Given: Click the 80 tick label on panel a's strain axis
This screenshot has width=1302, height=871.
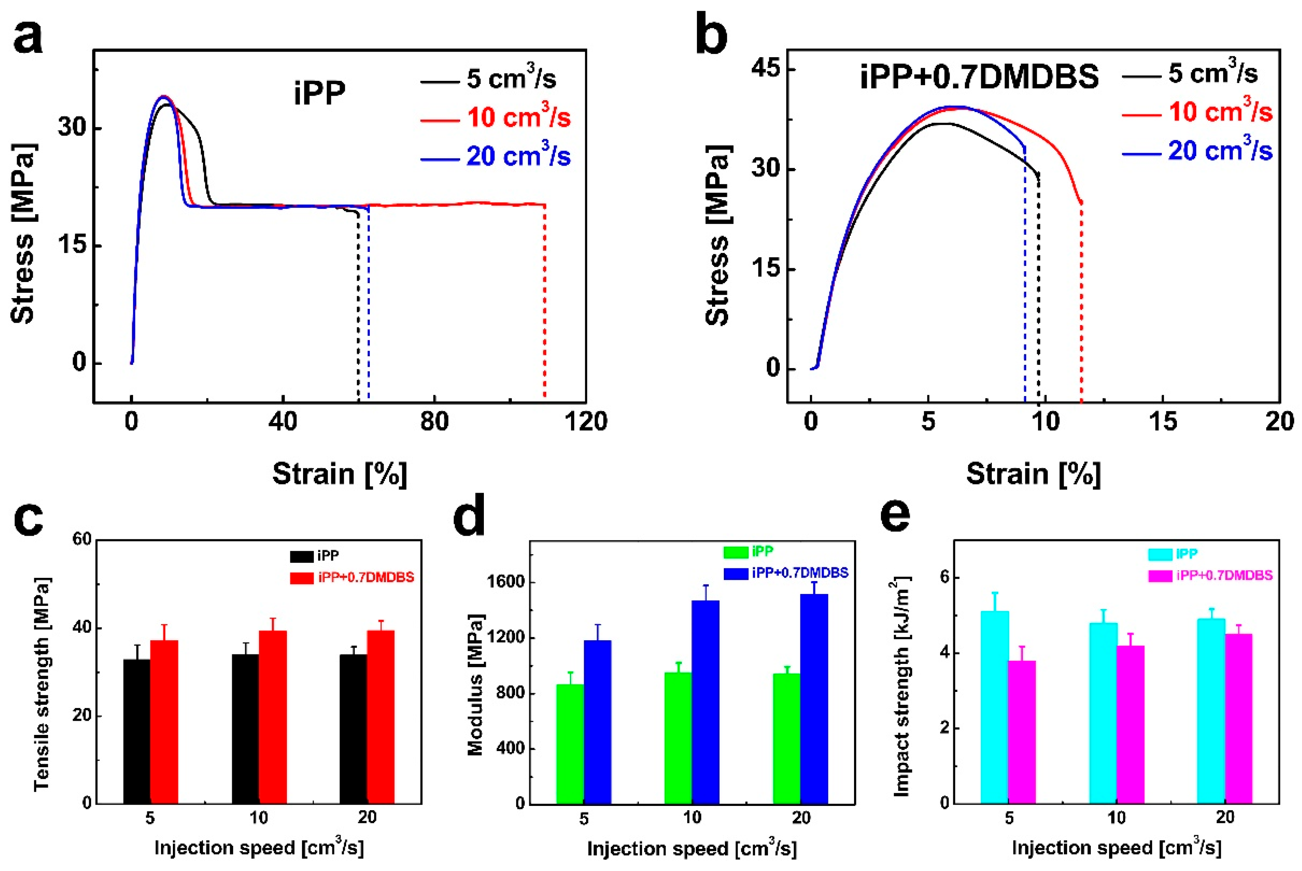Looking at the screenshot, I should pyautogui.click(x=434, y=422).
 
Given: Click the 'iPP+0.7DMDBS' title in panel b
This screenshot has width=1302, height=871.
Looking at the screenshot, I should pyautogui.click(x=979, y=77).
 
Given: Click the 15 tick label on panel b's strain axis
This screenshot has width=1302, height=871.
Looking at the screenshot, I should pyautogui.click(x=1162, y=422).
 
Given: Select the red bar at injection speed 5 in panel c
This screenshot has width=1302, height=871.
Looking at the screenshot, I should pyautogui.click(x=164, y=722).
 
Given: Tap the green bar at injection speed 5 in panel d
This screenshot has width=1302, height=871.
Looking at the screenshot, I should pyautogui.click(x=570, y=744).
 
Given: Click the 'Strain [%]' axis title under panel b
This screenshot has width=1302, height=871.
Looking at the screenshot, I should pyautogui.click(x=1032, y=474).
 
